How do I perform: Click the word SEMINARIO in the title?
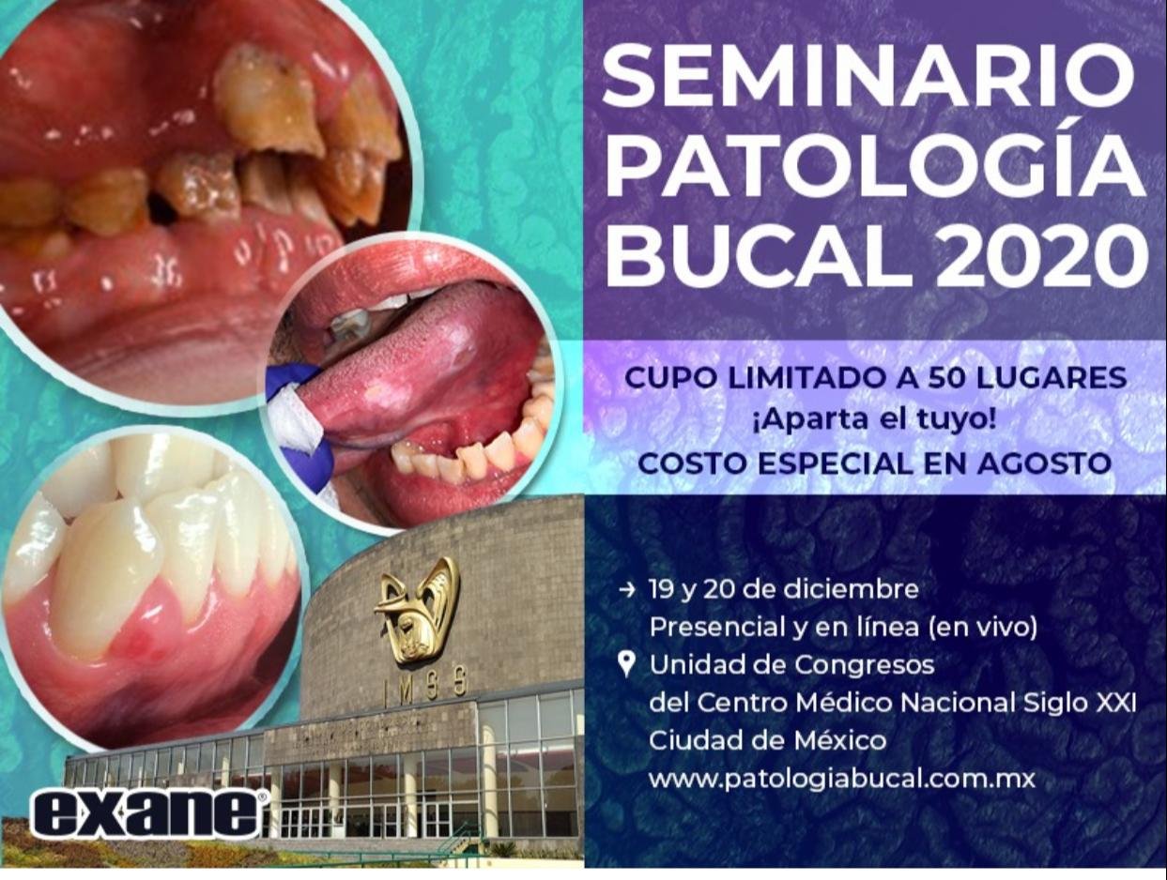(868, 77)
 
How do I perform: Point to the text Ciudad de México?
(767, 740)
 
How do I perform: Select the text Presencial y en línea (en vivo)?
(843, 628)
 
